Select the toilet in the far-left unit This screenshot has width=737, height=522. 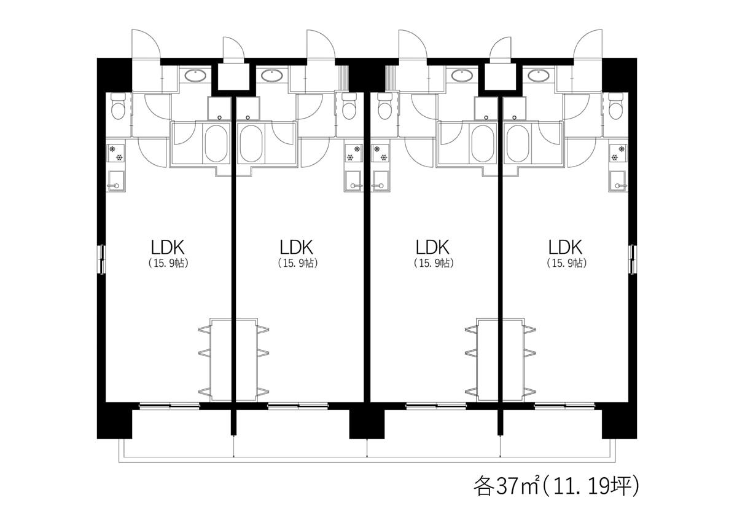coord(118,106)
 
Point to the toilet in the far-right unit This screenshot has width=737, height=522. coord(615,106)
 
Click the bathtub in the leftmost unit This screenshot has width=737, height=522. coord(216,143)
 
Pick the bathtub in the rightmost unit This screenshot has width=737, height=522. coord(518,143)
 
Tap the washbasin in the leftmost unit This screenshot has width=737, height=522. coord(195,76)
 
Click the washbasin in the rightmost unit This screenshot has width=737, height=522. coord(538,76)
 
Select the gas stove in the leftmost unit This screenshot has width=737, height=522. coord(115,154)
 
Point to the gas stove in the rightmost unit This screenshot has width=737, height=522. coord(618,154)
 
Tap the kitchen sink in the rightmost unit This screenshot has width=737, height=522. coord(618,181)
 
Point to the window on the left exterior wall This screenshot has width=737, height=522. coord(103,259)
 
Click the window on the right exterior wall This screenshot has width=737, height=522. coord(632,259)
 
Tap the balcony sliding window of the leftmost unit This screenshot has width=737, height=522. coord(170,406)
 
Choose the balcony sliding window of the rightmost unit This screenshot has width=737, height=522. coord(564,406)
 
